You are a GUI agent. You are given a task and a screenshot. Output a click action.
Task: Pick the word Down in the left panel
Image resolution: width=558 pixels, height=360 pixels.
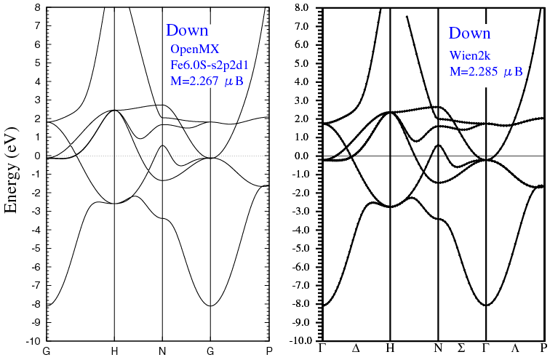pyautogui.click(x=187, y=31)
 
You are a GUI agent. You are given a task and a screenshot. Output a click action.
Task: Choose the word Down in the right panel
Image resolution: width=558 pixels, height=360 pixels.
pyautogui.click(x=469, y=33)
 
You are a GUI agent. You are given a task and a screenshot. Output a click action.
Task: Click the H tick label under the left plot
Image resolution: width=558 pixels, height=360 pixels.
pyautogui.click(x=114, y=351)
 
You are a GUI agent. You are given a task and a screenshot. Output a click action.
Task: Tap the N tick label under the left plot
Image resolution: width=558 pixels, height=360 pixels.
pyautogui.click(x=162, y=351)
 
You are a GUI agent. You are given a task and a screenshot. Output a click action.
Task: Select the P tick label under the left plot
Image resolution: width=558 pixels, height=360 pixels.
pyautogui.click(x=269, y=351)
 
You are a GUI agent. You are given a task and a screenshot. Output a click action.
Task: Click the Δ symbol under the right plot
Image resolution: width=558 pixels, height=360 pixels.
pyautogui.click(x=356, y=348)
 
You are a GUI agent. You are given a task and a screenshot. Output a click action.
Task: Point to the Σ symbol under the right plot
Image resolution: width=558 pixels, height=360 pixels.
pyautogui.click(x=461, y=348)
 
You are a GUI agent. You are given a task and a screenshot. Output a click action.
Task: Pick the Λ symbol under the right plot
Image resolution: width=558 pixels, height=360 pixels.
pyautogui.click(x=515, y=348)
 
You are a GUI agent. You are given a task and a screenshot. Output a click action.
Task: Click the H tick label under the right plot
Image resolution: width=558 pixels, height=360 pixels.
pyautogui.click(x=391, y=348)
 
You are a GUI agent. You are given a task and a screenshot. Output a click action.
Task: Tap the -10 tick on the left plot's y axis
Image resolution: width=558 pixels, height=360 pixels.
pyautogui.click(x=34, y=341)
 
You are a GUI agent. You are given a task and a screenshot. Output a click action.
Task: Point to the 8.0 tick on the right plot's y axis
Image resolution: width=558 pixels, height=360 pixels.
pyautogui.click(x=304, y=8)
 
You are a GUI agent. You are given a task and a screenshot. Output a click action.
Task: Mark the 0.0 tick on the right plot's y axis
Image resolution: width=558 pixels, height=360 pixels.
pyautogui.click(x=304, y=156)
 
